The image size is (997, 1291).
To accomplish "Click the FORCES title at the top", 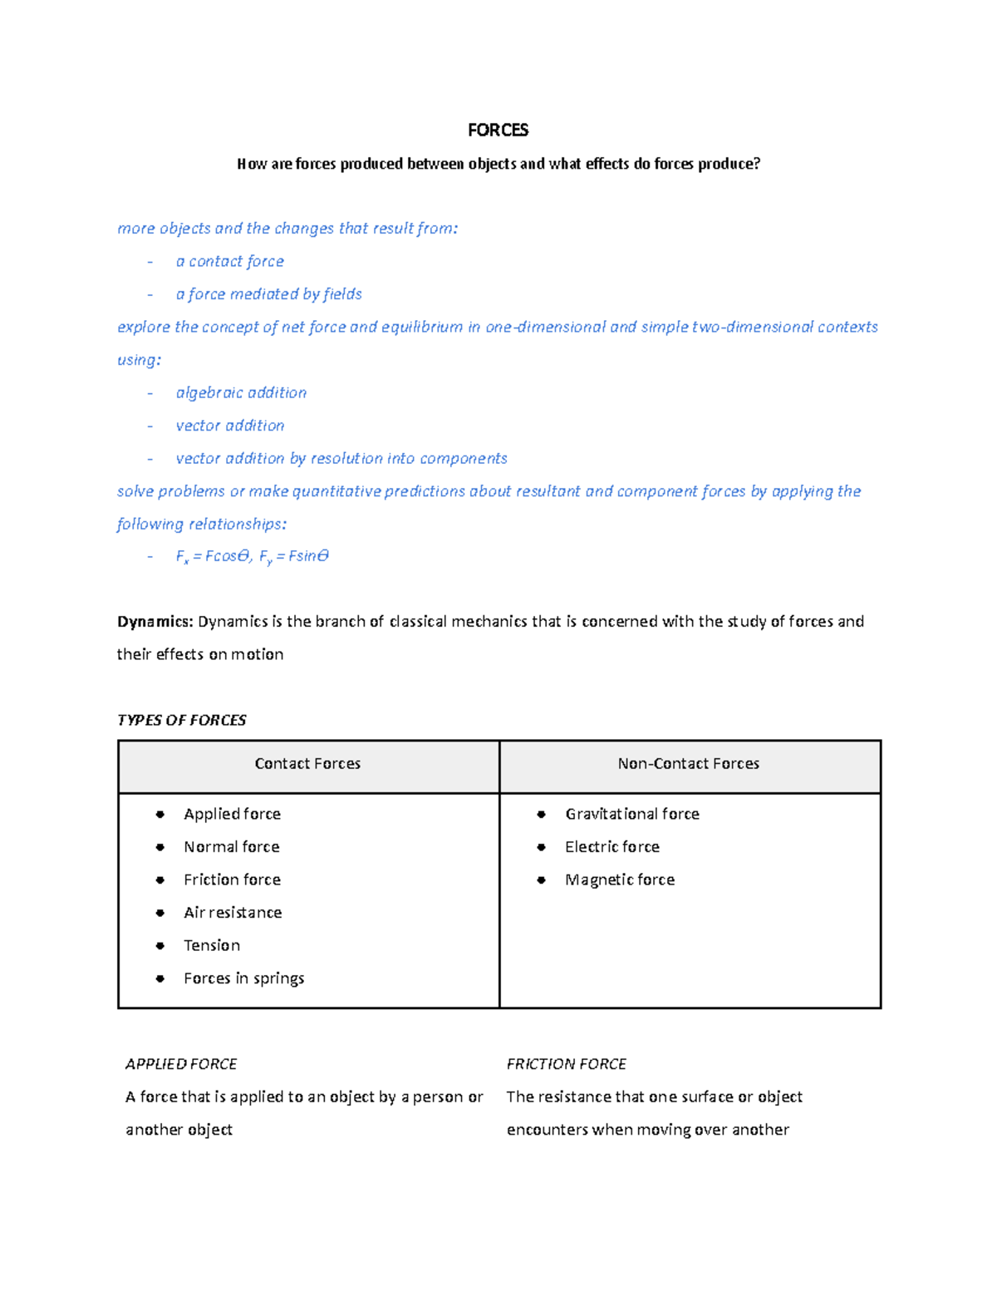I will [498, 130].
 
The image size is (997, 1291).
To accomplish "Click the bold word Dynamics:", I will [155, 622].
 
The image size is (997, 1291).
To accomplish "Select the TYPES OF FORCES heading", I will [181, 720].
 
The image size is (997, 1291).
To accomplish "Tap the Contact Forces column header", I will [307, 763].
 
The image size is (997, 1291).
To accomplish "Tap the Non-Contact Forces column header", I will [688, 763].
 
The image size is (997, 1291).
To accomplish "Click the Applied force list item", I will [232, 814].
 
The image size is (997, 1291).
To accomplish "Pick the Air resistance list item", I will [233, 913].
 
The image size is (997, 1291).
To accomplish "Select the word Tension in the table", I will [212, 945].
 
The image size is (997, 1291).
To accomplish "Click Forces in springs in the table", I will [243, 978].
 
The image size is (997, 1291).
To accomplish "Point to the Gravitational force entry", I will [631, 814].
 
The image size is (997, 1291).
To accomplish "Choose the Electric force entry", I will [611, 847].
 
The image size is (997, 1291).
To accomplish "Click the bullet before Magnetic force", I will [541, 880].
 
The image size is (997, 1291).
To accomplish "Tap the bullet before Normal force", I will [160, 847].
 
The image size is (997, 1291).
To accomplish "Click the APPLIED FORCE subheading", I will [181, 1064].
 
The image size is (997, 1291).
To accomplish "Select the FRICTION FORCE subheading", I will [566, 1064].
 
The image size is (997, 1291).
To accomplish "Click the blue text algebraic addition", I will [241, 392].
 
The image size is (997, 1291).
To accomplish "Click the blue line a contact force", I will [229, 261].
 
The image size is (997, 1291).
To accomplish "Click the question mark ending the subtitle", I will [756, 164].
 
